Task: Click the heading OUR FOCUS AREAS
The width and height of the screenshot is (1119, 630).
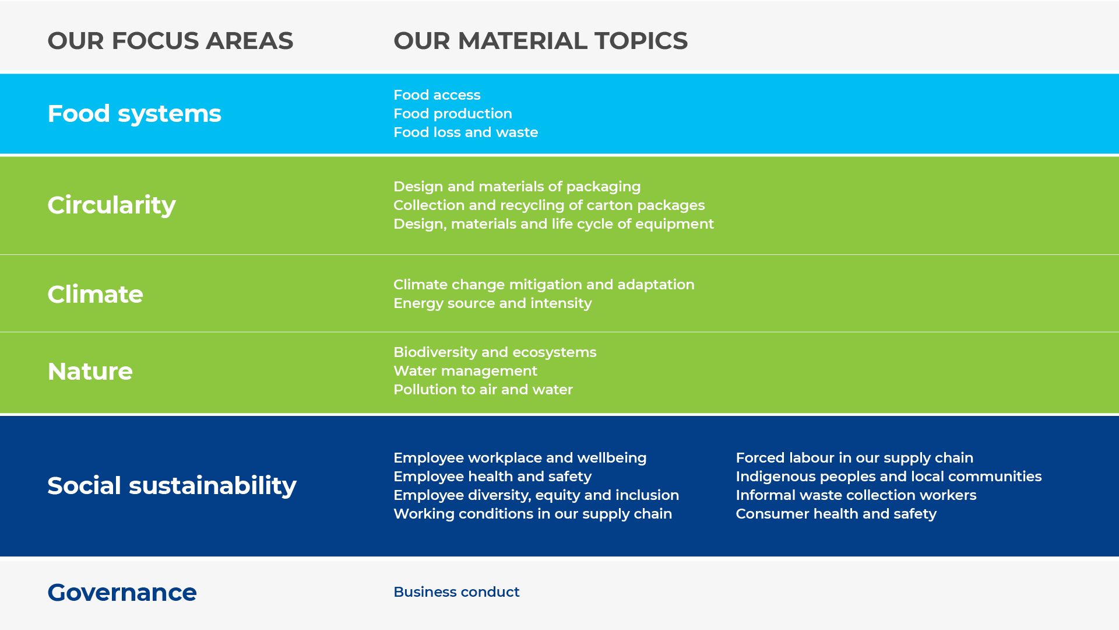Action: coord(170,41)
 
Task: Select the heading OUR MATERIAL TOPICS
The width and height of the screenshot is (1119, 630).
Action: coord(540,41)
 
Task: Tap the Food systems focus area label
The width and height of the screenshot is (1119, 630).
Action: coord(134,114)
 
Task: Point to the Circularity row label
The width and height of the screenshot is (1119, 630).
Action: coord(111,205)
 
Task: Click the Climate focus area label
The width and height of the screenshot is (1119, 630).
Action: coord(95,294)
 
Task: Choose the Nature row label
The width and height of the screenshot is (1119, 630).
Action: coord(90,371)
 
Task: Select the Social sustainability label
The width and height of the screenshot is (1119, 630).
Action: coord(172,486)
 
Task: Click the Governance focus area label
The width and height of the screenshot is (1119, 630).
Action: coord(122,592)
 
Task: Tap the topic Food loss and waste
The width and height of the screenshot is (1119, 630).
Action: coord(466,132)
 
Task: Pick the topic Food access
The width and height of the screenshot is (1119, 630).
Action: coord(437,95)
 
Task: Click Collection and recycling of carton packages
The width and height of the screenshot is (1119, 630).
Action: coord(549,205)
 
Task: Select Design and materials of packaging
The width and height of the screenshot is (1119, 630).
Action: coord(517,187)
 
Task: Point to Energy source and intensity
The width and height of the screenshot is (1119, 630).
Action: coord(492,303)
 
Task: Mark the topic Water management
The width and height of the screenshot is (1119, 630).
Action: coord(465,371)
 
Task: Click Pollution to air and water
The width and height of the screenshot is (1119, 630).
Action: coord(483,390)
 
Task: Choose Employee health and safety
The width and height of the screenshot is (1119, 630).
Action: coord(492,477)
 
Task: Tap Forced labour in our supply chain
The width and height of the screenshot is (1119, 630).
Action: coord(854,458)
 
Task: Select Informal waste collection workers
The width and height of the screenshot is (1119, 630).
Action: coord(856,495)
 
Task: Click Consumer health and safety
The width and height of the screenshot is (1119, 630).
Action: coord(836,514)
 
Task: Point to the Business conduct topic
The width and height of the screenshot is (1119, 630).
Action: coord(456,592)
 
